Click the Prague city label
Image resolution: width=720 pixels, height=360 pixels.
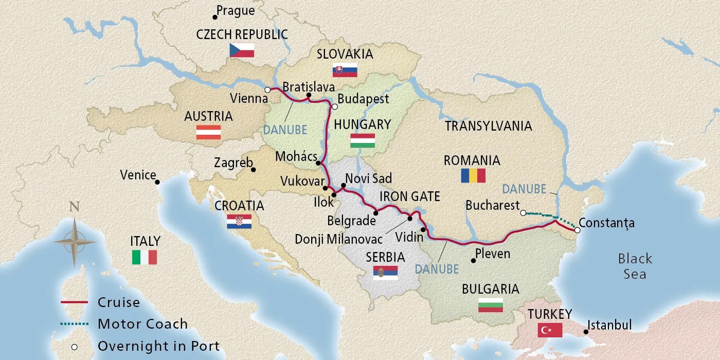(236, 11)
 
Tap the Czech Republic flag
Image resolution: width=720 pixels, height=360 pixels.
(242, 50)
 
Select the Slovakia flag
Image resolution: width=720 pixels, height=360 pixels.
(345, 70)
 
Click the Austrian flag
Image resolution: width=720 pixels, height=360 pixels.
(208, 132)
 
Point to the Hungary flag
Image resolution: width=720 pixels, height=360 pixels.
(362, 140)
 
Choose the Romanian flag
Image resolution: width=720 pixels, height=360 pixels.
(473, 176)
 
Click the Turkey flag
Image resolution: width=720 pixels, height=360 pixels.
(550, 330)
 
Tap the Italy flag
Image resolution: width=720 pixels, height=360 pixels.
(145, 257)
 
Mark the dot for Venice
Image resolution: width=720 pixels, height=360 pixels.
(157, 182)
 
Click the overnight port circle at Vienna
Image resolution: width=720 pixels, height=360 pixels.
(267, 90)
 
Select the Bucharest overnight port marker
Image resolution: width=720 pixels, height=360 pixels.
(523, 212)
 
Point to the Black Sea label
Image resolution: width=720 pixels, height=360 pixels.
(635, 266)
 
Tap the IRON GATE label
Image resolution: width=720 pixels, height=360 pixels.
(409, 196)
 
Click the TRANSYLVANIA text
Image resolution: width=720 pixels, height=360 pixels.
(488, 126)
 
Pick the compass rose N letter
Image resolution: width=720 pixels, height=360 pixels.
(75, 208)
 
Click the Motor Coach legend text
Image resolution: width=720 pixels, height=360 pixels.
(142, 324)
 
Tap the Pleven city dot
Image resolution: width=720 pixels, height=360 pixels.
(473, 261)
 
